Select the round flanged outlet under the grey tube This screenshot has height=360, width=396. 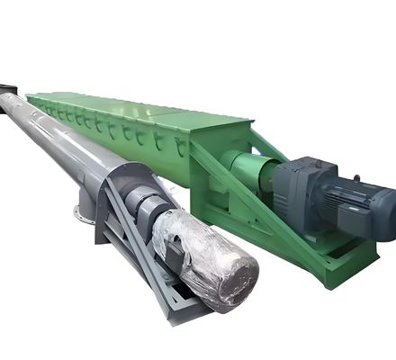pos(83,214)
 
